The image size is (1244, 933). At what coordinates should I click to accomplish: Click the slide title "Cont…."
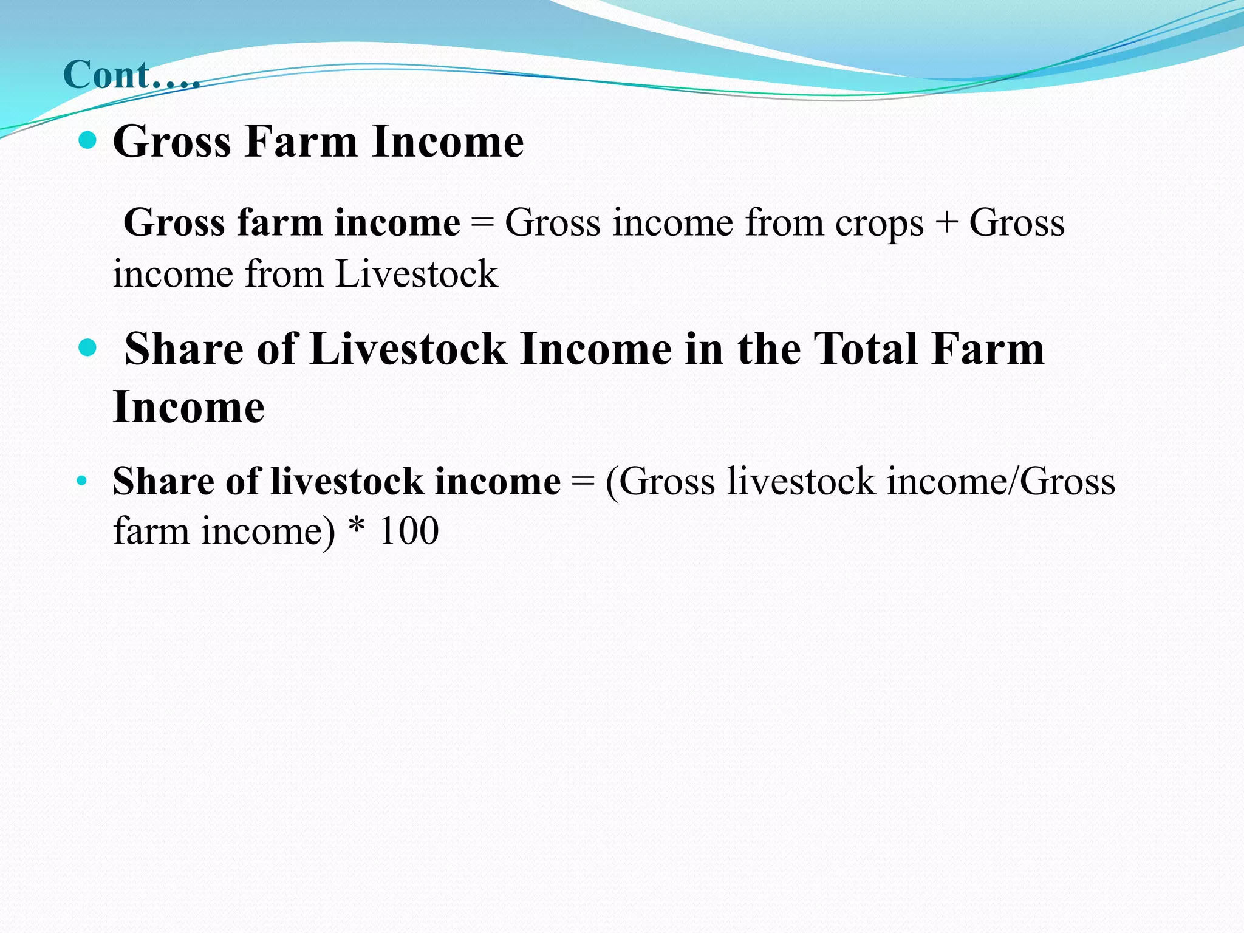131,75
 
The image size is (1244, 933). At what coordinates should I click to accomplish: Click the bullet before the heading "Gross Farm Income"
88,141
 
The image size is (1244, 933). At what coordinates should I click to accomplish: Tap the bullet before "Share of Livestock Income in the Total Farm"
88,348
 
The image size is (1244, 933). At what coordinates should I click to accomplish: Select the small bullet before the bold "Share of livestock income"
82,482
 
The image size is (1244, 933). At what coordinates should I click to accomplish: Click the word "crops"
879,224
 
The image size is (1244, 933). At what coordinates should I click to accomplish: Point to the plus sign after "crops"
946,222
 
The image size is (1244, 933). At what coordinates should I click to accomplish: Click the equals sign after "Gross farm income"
482,222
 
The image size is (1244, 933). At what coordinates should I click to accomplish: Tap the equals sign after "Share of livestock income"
583,482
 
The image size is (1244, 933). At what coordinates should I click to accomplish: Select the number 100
408,531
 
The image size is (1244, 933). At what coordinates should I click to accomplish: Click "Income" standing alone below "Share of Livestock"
189,406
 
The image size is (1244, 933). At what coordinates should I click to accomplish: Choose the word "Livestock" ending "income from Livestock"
416,274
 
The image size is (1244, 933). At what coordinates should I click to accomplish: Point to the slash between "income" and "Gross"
1013,482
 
